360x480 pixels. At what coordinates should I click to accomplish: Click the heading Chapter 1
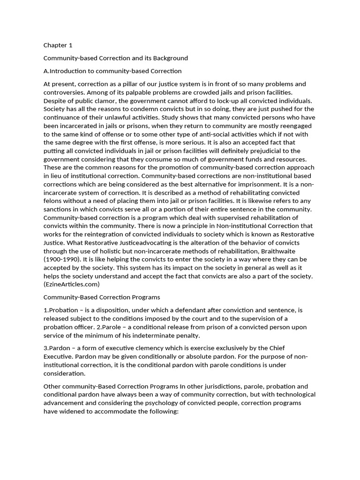click(x=58, y=45)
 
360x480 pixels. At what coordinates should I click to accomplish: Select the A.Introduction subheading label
click(x=63, y=71)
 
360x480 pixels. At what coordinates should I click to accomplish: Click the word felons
click(x=53, y=201)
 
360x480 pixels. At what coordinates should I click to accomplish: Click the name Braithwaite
click(x=290, y=251)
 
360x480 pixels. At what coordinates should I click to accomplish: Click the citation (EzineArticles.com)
click(x=72, y=285)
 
